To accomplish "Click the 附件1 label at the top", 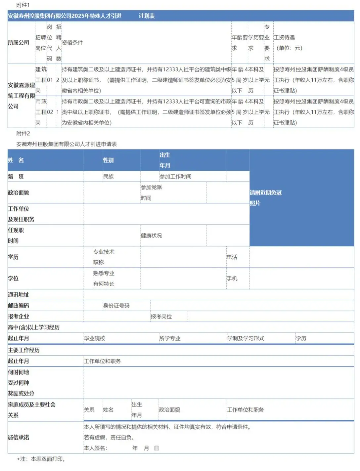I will point(23,5).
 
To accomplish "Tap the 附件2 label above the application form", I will point(23,133).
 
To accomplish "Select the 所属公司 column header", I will point(19,43).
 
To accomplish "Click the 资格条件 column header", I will point(72,43).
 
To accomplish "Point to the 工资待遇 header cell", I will point(284,38).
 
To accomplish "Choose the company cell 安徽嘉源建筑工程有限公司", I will point(21,96).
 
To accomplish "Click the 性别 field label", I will point(108,160).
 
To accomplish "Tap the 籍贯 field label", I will point(16,176).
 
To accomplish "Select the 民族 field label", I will point(108,176).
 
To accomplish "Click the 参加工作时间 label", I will point(175,176).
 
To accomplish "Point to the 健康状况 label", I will point(151,235).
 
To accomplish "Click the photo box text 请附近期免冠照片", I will point(265,198).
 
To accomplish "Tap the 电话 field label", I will point(232,257).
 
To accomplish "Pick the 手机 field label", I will point(232,278).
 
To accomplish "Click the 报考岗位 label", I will point(161,317).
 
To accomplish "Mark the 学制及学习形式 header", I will point(246,338).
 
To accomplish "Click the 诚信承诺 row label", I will point(19,437).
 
